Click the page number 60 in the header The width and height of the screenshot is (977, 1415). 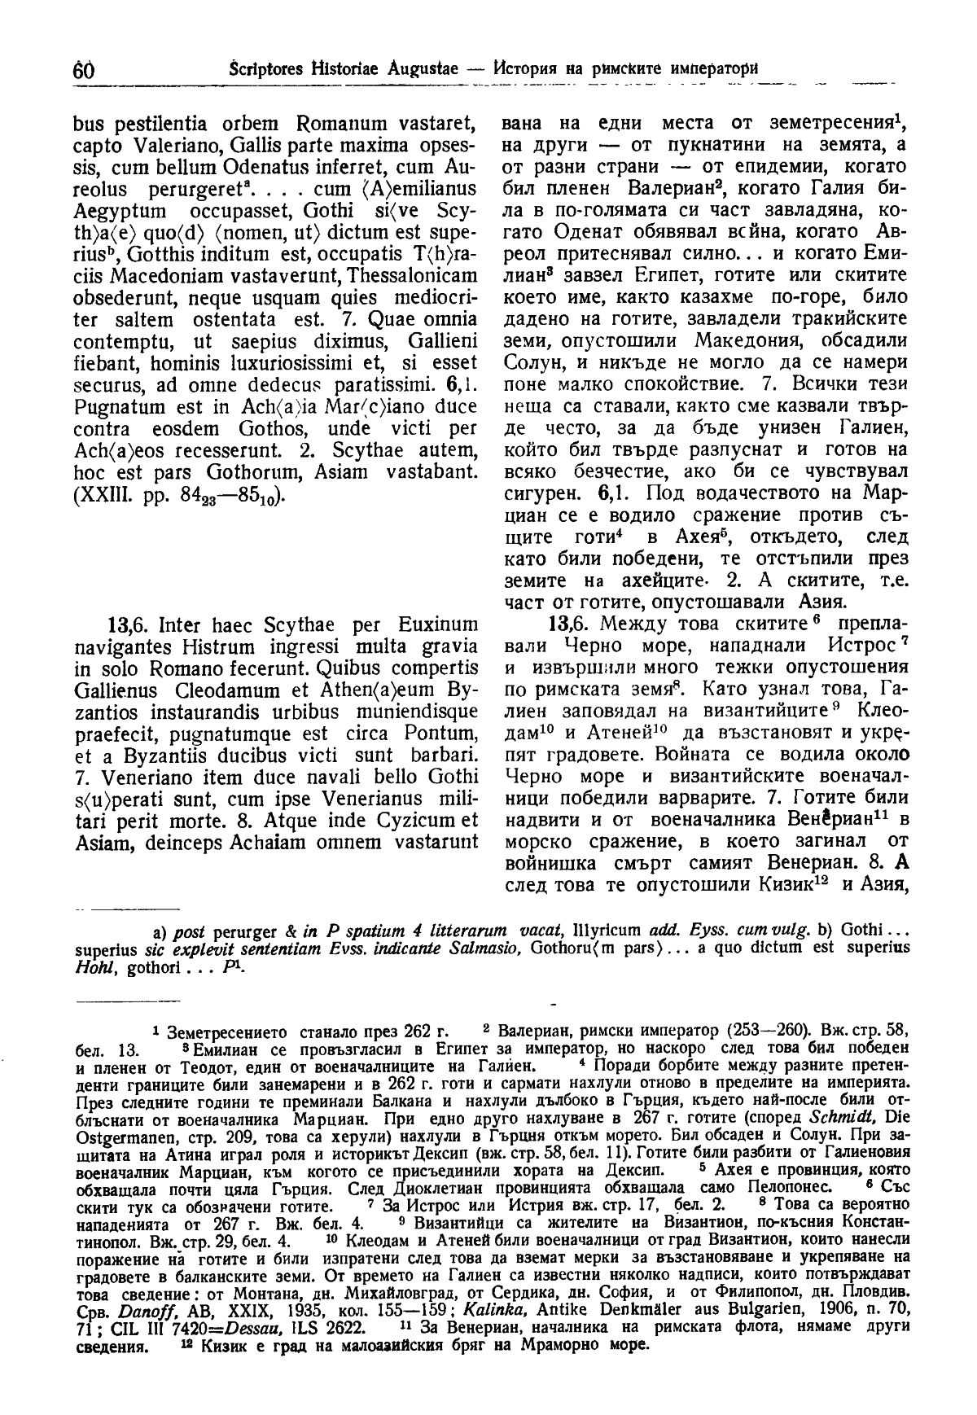(84, 70)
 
